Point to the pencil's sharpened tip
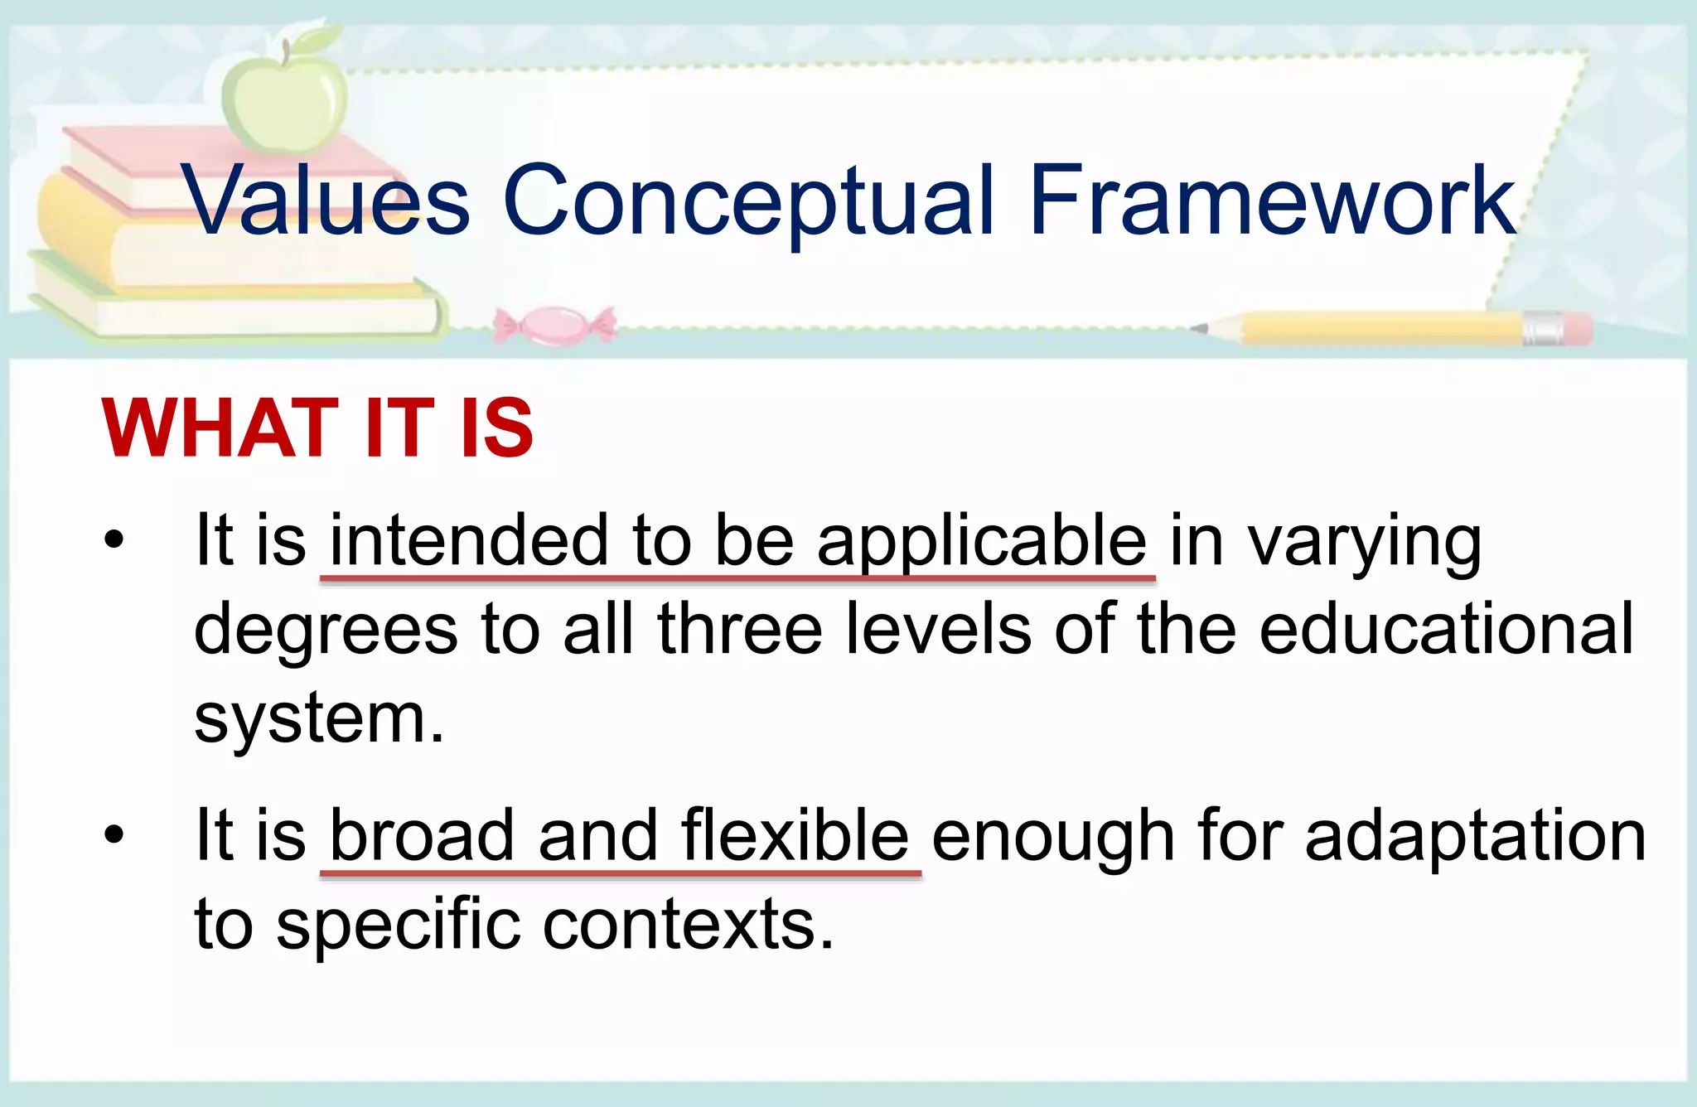(1201, 328)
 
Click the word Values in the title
(325, 201)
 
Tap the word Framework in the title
(1271, 201)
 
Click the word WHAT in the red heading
(220, 428)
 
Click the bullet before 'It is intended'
(114, 540)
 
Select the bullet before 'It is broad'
(114, 834)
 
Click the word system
(319, 718)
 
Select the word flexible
(795, 835)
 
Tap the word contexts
(688, 924)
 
